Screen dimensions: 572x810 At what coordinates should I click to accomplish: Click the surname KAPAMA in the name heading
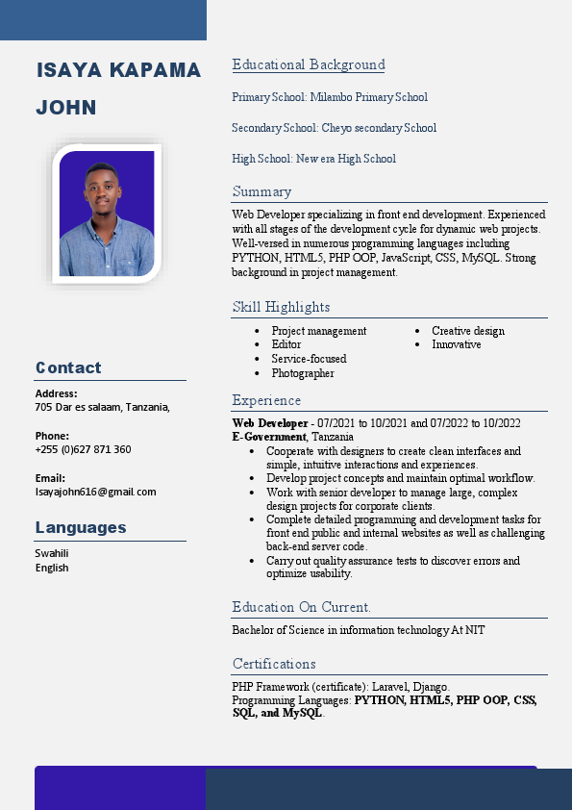[156, 70]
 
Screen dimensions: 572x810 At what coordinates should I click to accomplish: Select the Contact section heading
[68, 367]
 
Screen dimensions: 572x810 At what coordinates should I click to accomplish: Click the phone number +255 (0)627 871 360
[83, 449]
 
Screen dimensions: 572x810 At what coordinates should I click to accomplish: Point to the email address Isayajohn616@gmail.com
[95, 492]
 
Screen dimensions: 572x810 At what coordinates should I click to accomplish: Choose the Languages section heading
[81, 527]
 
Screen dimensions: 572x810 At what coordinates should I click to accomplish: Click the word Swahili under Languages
[52, 553]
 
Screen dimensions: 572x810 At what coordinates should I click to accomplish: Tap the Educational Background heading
[308, 64]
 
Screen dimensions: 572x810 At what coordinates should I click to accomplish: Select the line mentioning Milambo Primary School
[330, 97]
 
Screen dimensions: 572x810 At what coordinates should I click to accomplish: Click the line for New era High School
[313, 159]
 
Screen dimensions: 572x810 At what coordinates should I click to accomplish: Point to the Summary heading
[261, 191]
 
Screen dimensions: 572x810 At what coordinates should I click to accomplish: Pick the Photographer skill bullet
[303, 373]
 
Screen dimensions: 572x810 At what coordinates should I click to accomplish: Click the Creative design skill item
[468, 331]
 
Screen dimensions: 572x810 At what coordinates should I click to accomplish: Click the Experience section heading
[266, 400]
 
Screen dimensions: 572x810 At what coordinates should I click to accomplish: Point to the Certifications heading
[274, 664]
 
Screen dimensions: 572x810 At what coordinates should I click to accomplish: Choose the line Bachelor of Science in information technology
[358, 630]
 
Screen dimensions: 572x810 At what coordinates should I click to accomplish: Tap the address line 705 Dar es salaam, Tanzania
[102, 407]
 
